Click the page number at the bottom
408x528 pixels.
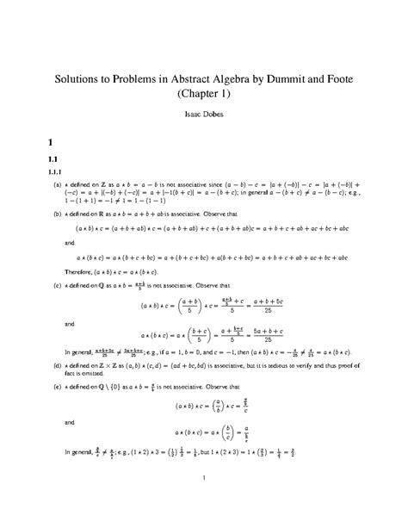click(x=204, y=500)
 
